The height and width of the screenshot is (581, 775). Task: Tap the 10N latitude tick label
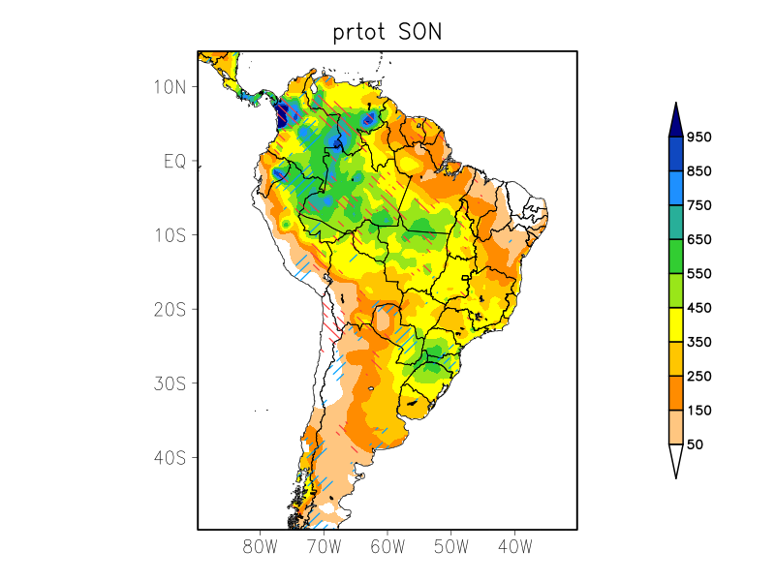click(x=170, y=87)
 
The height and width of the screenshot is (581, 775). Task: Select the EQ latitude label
click(x=174, y=161)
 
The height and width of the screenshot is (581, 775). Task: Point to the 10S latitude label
click(x=170, y=235)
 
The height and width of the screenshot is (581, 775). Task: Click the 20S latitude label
click(x=170, y=309)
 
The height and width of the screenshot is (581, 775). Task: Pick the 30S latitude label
click(x=170, y=383)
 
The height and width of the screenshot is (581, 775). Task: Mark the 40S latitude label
click(x=170, y=457)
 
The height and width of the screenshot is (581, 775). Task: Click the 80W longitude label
click(x=260, y=546)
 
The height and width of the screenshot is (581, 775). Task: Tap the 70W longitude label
click(x=324, y=546)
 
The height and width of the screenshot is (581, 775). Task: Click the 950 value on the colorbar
click(x=699, y=138)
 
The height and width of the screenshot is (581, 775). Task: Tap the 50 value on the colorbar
click(x=695, y=444)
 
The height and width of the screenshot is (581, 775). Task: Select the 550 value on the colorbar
click(x=699, y=274)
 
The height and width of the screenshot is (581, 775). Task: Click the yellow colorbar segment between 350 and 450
click(x=675, y=325)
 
